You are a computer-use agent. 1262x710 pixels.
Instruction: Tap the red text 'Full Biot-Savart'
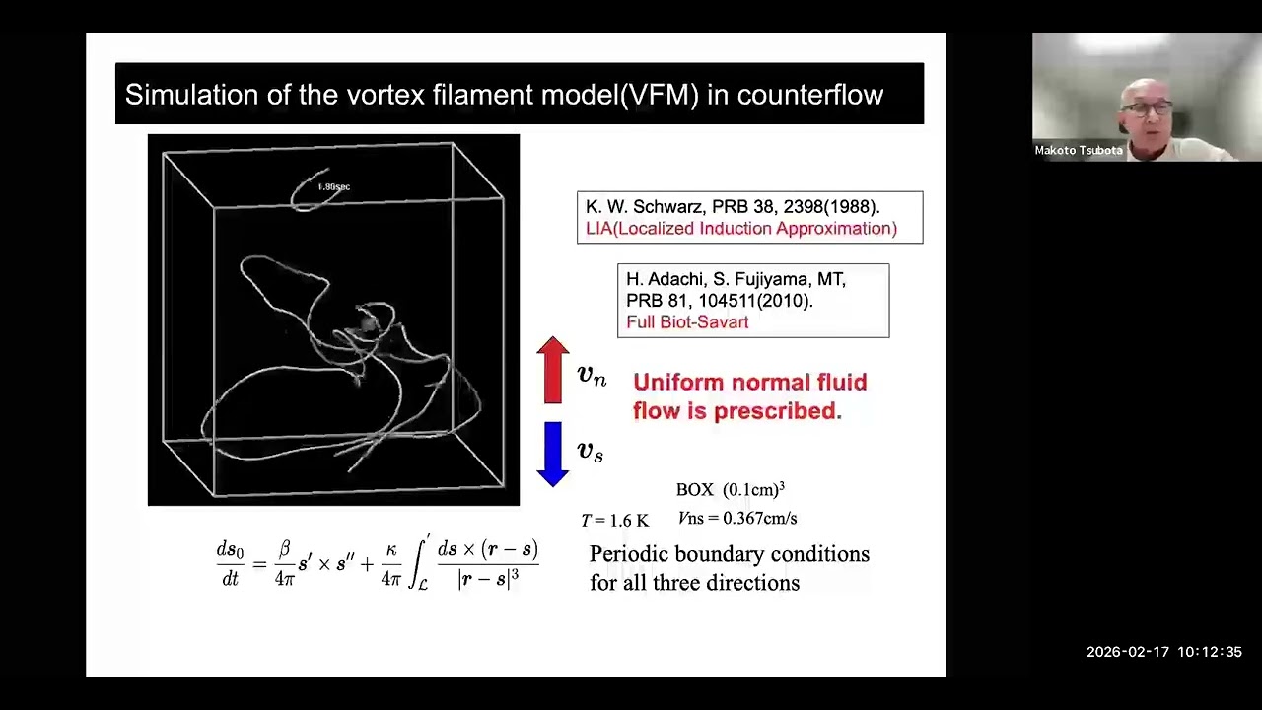(687, 322)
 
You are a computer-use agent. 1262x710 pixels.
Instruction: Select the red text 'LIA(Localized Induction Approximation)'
(740, 229)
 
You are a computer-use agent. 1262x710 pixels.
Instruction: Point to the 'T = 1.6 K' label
(614, 521)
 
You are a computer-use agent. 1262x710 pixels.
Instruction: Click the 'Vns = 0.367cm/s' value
(737, 518)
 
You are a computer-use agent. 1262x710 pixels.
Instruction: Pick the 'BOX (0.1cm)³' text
(730, 490)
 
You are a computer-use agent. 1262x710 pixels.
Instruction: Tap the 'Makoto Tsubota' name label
(1079, 151)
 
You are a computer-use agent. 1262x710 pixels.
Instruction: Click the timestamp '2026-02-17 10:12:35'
(1163, 652)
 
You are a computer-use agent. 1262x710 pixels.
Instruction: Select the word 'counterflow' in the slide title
(809, 95)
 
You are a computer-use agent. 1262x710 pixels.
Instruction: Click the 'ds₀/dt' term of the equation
(230, 564)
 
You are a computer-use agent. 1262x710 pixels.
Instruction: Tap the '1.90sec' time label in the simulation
(333, 186)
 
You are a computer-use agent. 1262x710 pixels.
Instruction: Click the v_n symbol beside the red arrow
(592, 375)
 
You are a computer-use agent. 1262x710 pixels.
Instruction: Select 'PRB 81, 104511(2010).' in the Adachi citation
(719, 301)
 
